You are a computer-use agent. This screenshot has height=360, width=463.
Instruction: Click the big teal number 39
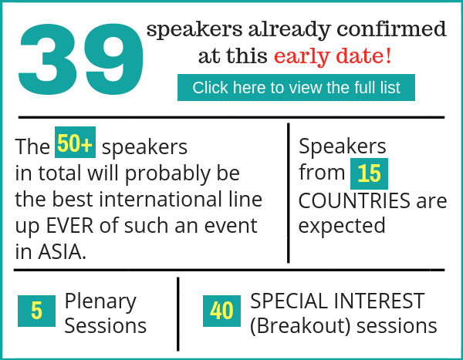81,59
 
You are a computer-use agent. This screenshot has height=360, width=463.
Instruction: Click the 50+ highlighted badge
75,143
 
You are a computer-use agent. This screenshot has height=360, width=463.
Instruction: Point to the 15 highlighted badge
369,173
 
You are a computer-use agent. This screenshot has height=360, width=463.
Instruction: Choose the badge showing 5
36,311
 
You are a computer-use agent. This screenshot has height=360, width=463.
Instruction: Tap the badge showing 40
221,311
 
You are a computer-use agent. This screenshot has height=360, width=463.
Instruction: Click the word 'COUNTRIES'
354,200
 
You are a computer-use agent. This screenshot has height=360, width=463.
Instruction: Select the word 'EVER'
69,226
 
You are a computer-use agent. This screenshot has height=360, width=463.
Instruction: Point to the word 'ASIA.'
62,252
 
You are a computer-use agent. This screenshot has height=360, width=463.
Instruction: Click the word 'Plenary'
100,302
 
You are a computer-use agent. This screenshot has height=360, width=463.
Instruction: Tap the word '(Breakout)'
301,326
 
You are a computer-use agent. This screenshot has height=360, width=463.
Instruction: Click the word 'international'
161,199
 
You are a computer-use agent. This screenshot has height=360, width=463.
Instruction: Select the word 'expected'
342,227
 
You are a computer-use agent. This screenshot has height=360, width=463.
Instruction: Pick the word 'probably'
167,174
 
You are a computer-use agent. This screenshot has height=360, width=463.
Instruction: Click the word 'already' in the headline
289,30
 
